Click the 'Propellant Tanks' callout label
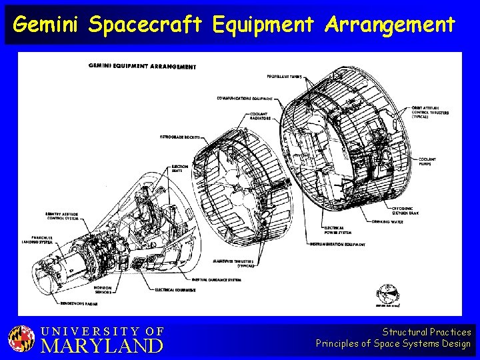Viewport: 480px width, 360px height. [284, 77]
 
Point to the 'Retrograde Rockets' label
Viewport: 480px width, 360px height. [179, 137]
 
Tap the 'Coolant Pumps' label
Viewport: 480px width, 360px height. [429, 161]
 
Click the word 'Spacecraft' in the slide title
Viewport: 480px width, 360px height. [145, 25]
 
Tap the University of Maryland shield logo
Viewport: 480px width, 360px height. [21, 339]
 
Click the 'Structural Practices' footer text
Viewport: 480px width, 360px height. [426, 331]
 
